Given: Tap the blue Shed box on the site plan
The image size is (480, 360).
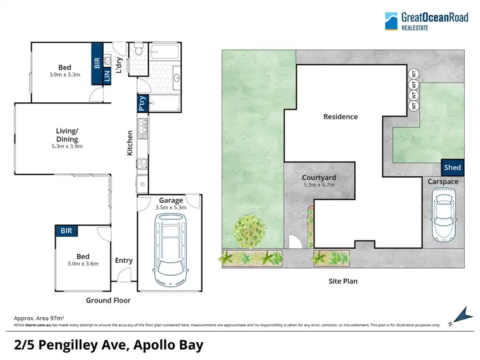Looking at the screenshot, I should tap(452, 168).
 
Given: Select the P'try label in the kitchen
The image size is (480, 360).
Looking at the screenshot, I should tap(141, 104).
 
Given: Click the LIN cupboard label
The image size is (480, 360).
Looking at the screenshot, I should tap(108, 73).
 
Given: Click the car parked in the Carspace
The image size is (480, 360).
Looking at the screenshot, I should tap(443, 214).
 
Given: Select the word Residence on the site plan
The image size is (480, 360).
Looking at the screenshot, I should tap(340, 116).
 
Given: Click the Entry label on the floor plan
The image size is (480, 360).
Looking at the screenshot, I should tap(124, 260).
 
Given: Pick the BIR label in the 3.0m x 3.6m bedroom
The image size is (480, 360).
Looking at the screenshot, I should tap(66, 230).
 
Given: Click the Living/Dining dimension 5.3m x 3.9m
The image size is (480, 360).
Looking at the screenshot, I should tap(67, 146).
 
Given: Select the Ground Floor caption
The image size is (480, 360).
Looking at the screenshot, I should tap(108, 300).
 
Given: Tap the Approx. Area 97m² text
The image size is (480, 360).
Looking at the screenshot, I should tap(38, 318).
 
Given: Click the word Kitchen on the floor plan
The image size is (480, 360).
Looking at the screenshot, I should tap(130, 144).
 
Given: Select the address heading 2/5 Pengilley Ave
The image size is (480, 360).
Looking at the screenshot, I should tap(109, 345).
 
